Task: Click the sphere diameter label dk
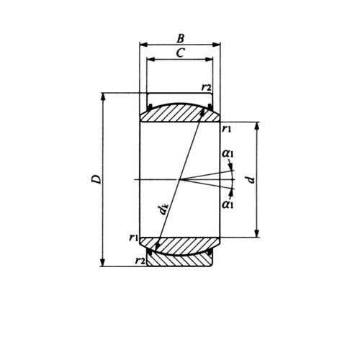[164, 210]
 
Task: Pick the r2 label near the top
[207, 87]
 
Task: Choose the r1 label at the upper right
[227, 129]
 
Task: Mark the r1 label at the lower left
[133, 237]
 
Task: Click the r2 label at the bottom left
[140, 260]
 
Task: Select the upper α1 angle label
[228, 153]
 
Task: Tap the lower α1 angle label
[228, 205]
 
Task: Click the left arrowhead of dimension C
[149, 60]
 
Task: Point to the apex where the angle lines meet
[183, 179]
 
